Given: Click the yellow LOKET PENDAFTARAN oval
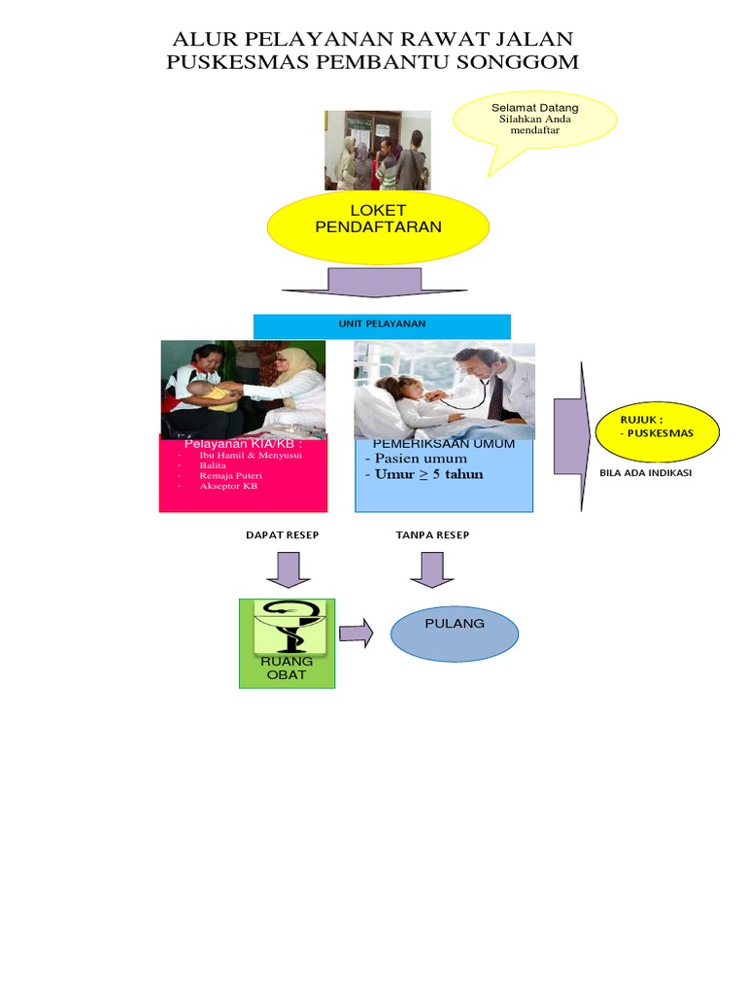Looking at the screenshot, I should (x=378, y=226).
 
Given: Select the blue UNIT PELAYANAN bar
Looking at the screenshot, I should (x=382, y=325).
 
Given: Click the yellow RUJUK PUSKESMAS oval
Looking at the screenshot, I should (x=657, y=429).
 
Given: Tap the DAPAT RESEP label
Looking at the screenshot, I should (x=282, y=535).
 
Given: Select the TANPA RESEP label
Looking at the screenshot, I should (x=432, y=535).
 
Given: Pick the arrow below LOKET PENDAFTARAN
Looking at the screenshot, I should (x=351, y=283).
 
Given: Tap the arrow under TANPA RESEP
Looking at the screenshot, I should (x=431, y=569).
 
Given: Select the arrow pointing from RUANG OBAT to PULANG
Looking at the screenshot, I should (x=356, y=635).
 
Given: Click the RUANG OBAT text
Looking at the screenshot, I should (x=287, y=669).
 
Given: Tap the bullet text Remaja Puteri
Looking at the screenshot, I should (x=230, y=476).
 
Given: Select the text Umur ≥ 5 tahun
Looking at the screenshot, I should (x=424, y=474).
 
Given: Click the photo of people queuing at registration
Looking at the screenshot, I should (x=377, y=150).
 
